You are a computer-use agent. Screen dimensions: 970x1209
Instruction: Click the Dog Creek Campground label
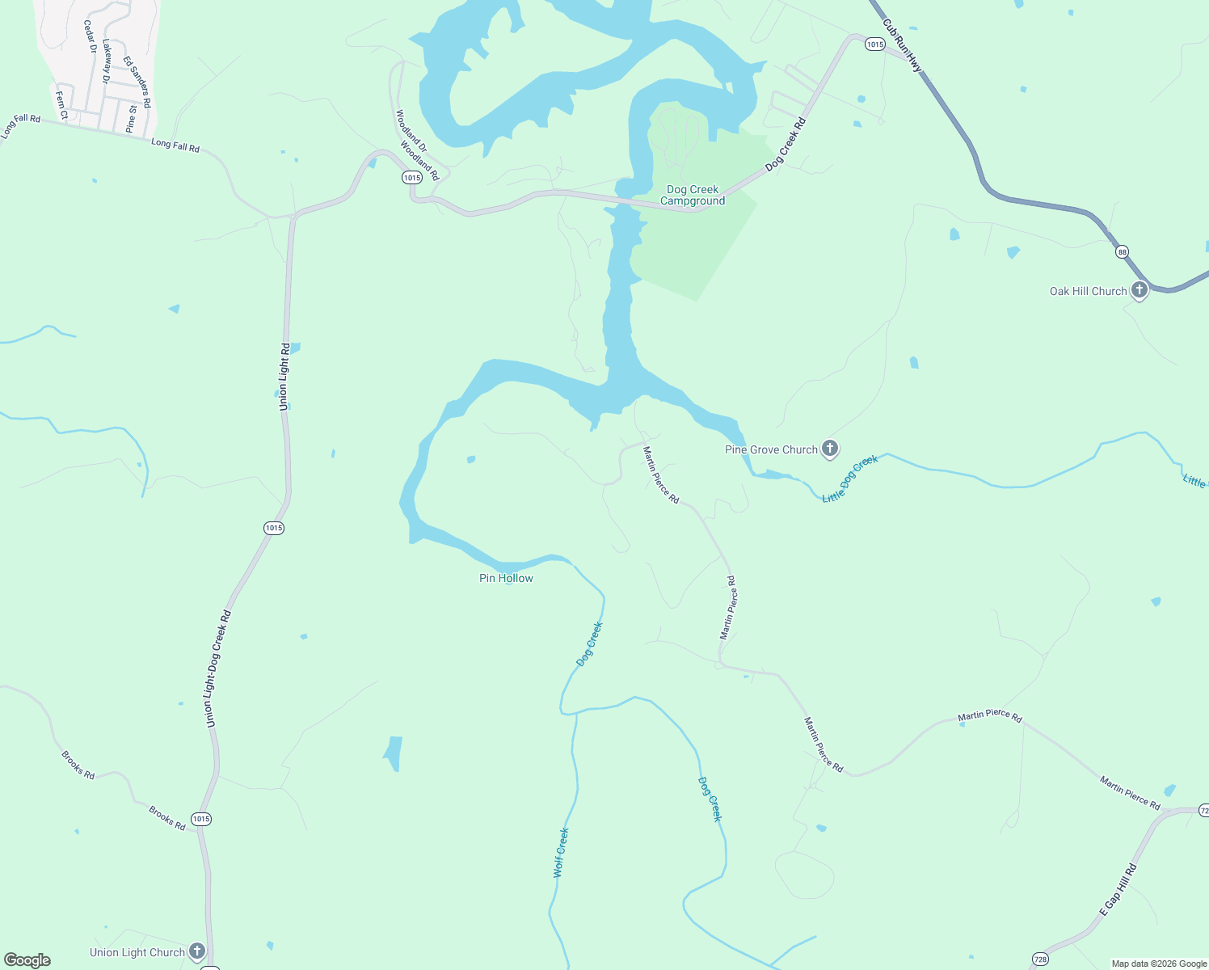click(x=693, y=195)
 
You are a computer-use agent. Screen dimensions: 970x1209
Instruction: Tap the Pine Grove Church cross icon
click(x=829, y=449)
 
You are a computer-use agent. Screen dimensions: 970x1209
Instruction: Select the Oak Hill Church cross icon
click(x=1139, y=290)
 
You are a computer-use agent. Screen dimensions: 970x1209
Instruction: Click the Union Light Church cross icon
click(x=196, y=951)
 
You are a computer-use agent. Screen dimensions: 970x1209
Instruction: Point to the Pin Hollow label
click(x=506, y=578)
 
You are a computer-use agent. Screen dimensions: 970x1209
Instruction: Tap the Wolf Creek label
click(x=561, y=852)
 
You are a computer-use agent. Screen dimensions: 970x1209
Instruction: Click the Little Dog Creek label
click(x=849, y=479)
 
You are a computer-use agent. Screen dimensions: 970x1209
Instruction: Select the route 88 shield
click(x=1122, y=252)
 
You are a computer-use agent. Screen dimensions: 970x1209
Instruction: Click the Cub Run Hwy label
click(x=903, y=46)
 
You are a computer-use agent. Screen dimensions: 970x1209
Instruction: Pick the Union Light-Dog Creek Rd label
click(x=218, y=668)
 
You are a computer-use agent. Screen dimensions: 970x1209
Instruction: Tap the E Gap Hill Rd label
click(x=1118, y=889)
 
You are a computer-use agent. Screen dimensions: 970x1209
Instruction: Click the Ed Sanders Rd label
click(x=137, y=82)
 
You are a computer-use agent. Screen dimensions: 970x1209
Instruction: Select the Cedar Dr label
click(x=90, y=37)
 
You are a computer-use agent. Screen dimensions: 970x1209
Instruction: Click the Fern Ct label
click(x=61, y=104)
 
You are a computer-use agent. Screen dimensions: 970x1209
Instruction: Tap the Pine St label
click(x=132, y=118)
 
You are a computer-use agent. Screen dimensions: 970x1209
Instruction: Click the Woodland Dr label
click(x=411, y=130)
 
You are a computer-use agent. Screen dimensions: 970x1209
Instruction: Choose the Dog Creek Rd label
click(x=786, y=144)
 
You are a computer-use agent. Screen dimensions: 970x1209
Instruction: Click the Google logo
click(x=27, y=960)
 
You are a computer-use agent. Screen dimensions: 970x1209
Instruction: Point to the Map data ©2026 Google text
click(x=1159, y=964)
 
